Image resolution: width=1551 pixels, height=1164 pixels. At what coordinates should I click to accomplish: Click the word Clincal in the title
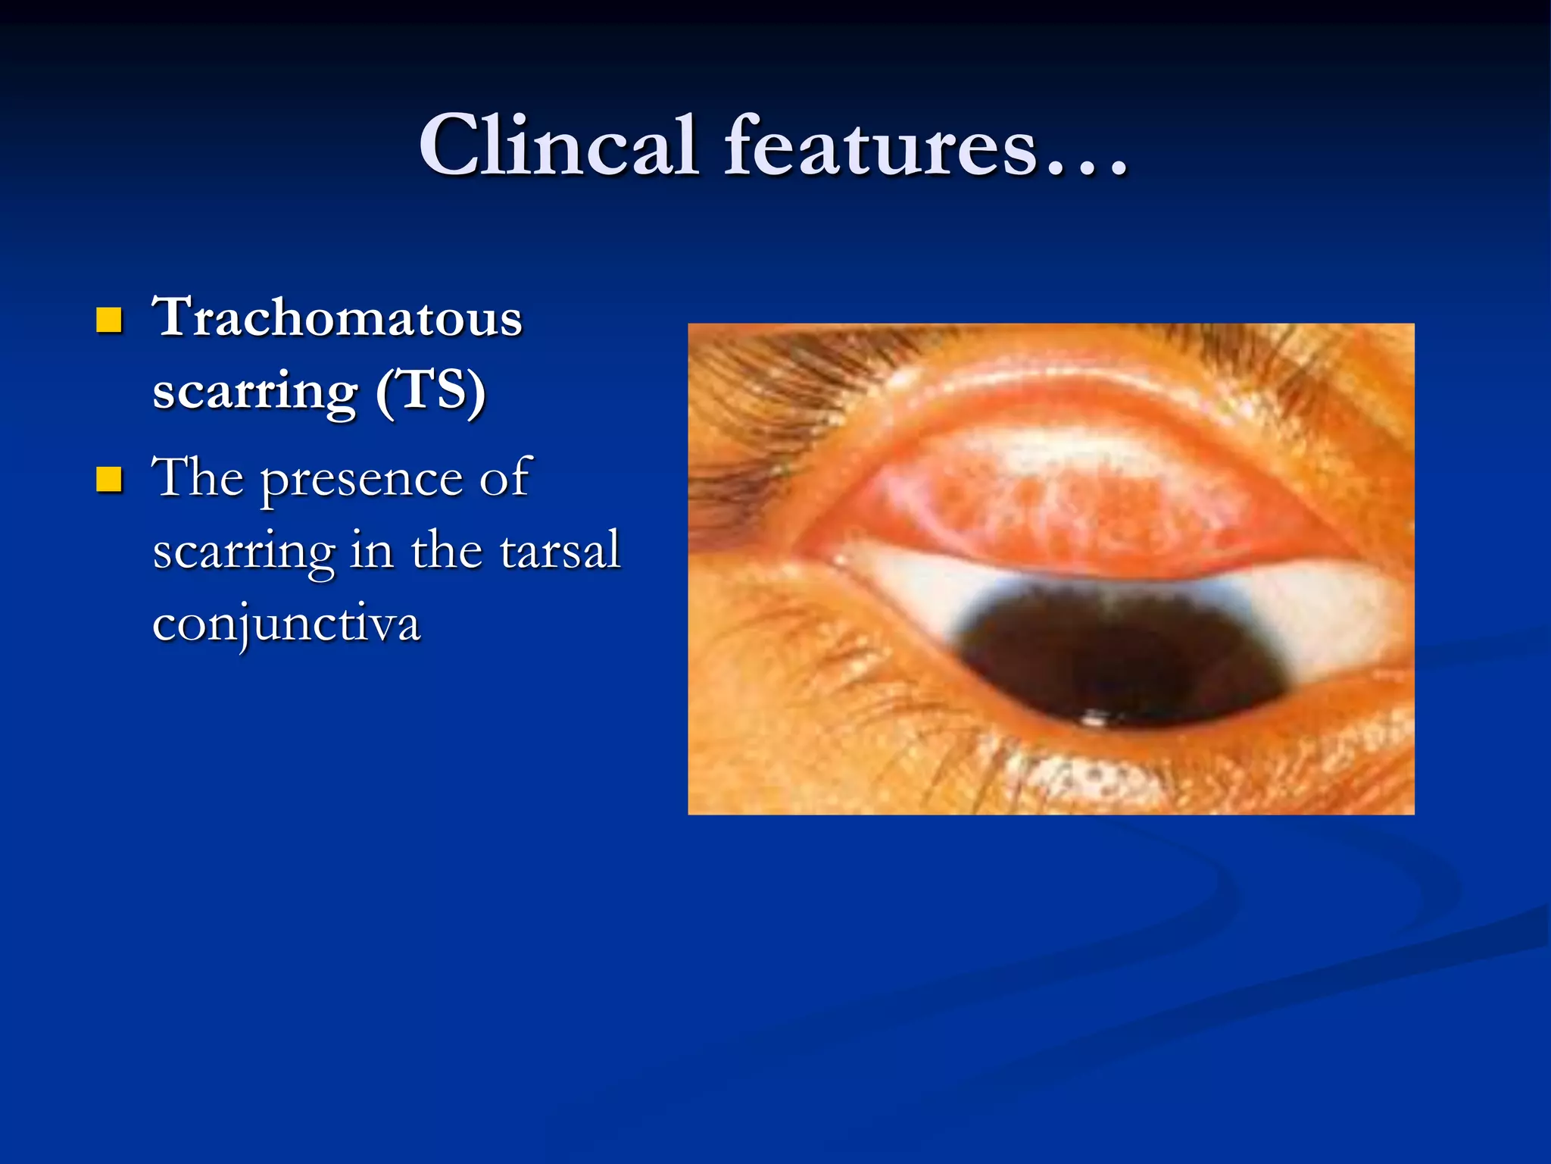coord(558,145)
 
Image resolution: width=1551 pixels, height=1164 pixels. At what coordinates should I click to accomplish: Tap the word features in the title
coord(880,145)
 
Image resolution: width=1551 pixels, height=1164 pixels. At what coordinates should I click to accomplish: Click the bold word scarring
coord(255,391)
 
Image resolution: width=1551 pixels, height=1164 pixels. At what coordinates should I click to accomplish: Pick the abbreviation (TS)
coord(432,391)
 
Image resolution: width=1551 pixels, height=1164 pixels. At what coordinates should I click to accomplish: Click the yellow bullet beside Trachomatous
coord(109,321)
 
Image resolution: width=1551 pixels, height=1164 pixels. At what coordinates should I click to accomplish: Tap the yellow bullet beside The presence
coord(109,480)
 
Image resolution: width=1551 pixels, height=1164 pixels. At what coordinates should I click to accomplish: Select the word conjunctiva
coord(286,624)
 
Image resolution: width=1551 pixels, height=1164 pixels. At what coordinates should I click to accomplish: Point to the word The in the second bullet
coord(198,477)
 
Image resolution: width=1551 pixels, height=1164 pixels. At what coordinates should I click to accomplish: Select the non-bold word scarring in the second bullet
coord(243,552)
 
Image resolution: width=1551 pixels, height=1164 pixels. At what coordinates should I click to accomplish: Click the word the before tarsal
coord(447,551)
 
